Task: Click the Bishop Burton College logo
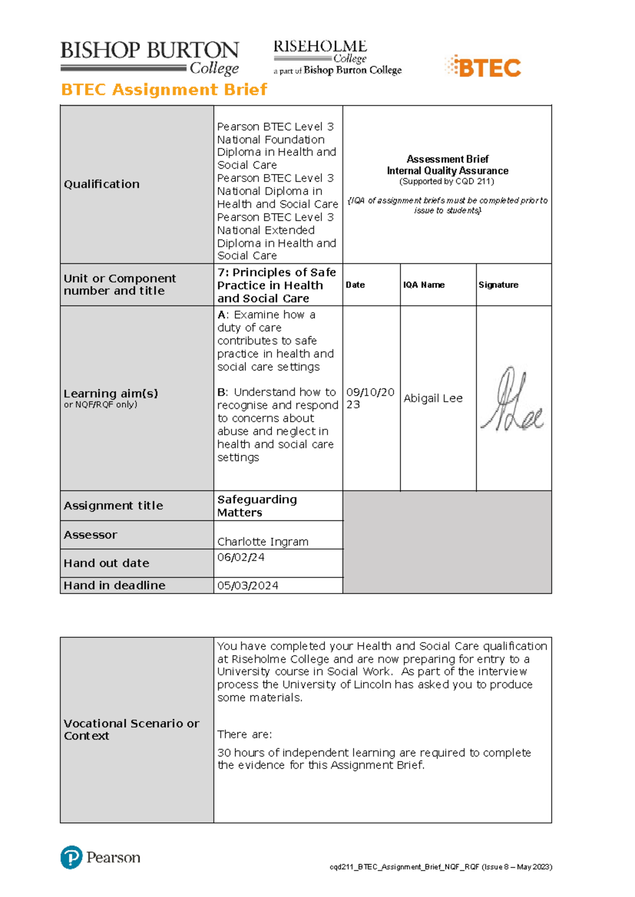[150, 58]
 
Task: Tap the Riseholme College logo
[337, 57]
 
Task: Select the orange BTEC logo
[483, 67]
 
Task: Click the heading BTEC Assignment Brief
[164, 89]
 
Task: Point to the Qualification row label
[102, 184]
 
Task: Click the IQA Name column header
[423, 285]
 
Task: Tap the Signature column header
[498, 285]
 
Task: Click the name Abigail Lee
[433, 398]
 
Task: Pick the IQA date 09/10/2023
[370, 398]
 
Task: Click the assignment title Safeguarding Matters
[257, 506]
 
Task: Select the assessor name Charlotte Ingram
[262, 542]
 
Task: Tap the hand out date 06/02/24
[241, 557]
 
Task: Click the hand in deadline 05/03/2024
[248, 585]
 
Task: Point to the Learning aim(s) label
[111, 393]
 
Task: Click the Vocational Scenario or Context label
[131, 729]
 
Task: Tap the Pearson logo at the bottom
[101, 857]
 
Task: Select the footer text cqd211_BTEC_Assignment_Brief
[440, 867]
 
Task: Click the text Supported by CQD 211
[447, 181]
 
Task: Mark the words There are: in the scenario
[244, 734]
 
